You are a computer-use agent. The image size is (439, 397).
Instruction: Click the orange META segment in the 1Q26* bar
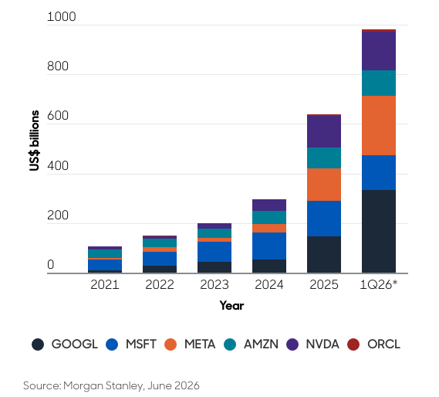tap(379, 126)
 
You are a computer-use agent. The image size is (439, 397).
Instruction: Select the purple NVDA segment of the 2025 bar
tap(324, 131)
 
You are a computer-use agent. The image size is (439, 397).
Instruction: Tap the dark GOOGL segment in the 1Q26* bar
tap(379, 231)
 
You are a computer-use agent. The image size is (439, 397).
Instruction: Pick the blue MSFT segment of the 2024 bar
tap(269, 246)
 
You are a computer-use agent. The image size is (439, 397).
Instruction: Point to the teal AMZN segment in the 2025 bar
tap(324, 158)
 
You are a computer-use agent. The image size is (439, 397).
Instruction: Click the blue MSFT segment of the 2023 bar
tap(214, 252)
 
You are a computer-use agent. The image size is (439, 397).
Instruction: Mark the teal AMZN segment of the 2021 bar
tap(105, 254)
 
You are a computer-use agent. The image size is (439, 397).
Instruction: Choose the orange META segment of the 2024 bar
tap(269, 228)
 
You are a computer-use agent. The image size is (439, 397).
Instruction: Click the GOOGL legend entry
tap(65, 344)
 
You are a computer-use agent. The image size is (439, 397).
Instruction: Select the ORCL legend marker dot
tap(353, 344)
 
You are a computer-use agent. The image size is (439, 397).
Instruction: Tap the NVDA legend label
tap(322, 344)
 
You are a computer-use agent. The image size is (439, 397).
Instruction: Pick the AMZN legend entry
tap(251, 344)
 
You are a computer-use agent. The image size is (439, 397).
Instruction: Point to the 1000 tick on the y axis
tap(61, 17)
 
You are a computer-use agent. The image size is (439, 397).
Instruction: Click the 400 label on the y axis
tap(58, 166)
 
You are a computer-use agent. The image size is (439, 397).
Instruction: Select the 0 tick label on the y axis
tap(50, 265)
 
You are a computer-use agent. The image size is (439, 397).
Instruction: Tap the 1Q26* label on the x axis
tap(379, 285)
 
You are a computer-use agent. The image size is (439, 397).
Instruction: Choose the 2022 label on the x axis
tap(160, 285)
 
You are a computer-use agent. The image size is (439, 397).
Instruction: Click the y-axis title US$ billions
tap(34, 141)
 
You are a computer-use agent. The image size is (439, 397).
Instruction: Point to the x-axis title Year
tap(231, 306)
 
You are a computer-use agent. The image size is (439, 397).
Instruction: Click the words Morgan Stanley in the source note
tap(103, 385)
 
